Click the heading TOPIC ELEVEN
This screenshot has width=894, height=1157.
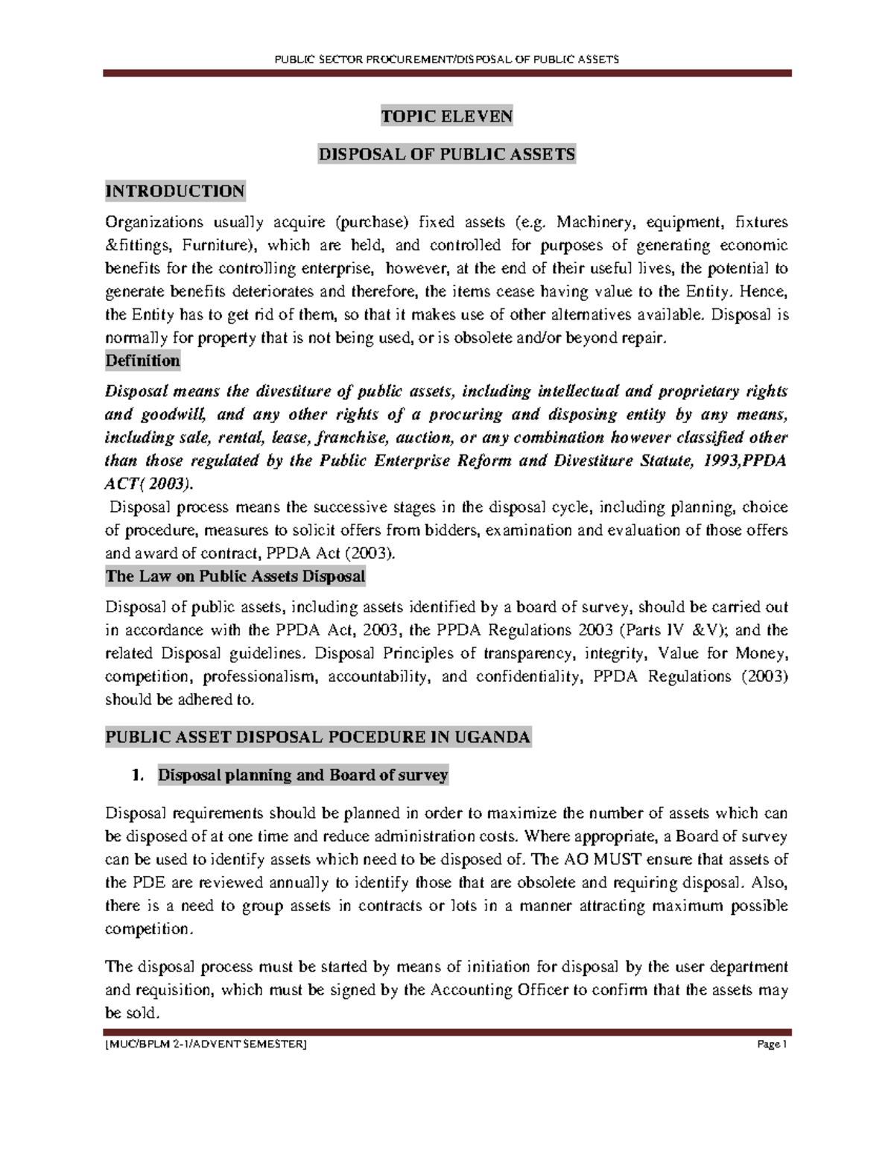pos(446,116)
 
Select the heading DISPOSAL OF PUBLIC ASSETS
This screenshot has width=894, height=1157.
pos(446,155)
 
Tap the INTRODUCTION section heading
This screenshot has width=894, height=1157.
pos(175,191)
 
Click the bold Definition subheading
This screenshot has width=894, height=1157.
pos(142,361)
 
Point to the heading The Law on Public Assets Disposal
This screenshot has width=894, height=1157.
pos(235,577)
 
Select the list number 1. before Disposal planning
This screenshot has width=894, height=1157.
pos(136,776)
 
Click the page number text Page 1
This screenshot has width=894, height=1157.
pos(772,1045)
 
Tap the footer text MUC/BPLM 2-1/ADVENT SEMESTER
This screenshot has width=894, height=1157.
pos(206,1045)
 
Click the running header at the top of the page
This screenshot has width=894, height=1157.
pos(446,59)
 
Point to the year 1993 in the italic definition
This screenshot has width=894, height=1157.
pos(722,461)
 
